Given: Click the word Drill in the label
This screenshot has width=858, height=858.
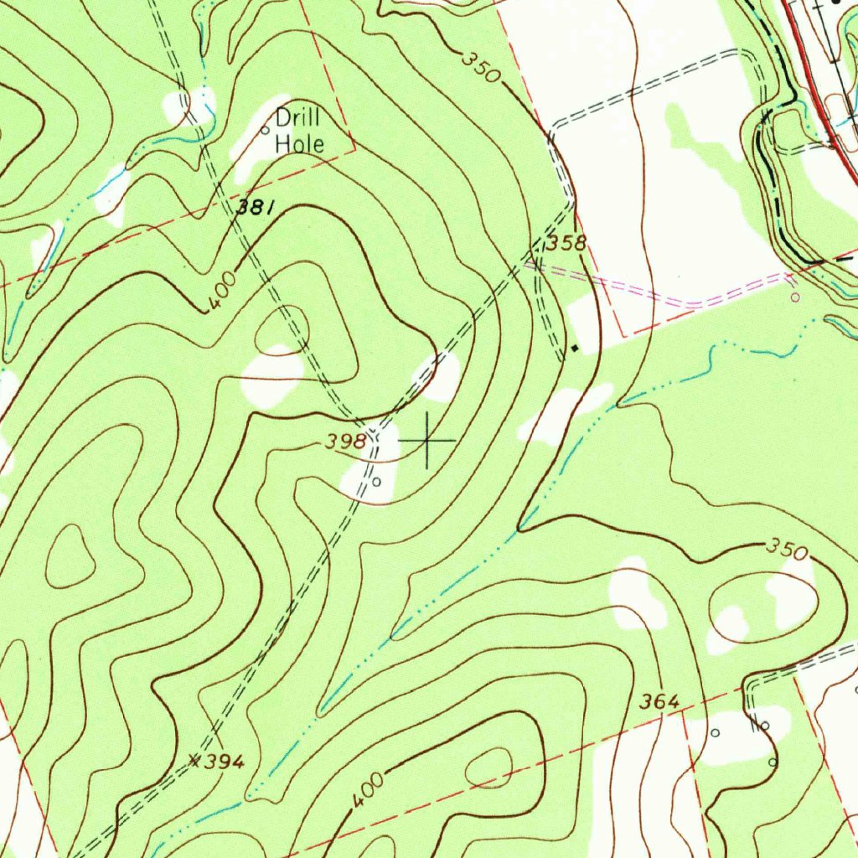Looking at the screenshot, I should [x=298, y=118].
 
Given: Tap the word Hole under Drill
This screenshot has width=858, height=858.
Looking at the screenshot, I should [x=300, y=143].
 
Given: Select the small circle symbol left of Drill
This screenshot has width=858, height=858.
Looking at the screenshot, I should [x=266, y=130].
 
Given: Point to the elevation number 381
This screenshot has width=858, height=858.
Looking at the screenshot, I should [x=253, y=209].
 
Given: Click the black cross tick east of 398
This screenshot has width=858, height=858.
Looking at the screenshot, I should [x=427, y=439].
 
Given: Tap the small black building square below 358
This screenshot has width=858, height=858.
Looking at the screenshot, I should [x=575, y=347].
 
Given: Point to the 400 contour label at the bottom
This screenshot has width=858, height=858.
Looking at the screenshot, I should [x=367, y=790].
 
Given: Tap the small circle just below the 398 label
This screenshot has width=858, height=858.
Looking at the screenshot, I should [x=376, y=482].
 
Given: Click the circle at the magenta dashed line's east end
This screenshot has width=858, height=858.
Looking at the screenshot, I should [x=794, y=297].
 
